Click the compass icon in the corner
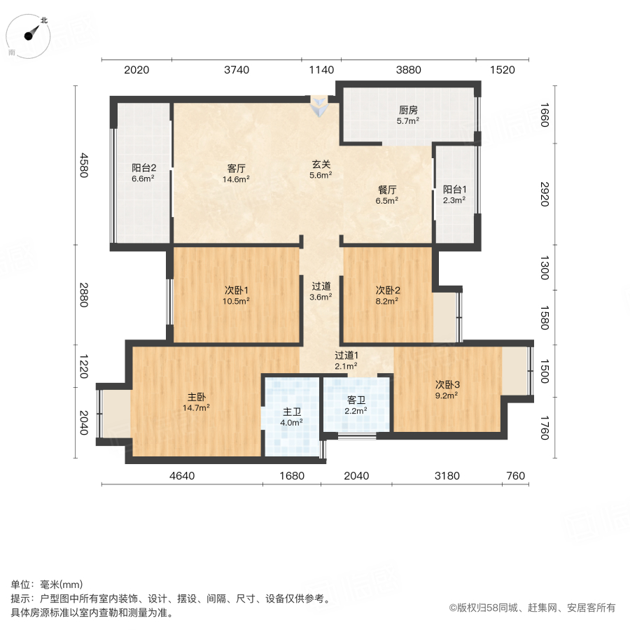pos(29,35)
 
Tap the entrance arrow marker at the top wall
pos(319,107)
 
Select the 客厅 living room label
pos(236,168)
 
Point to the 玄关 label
pos(321,164)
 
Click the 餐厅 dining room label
pos(387,189)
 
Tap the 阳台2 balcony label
pos(143,168)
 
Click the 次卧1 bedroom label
pos(237,290)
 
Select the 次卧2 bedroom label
pos(388,290)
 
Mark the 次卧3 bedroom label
pos(447,384)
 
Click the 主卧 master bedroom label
pos(197,396)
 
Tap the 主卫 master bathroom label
pos(292,412)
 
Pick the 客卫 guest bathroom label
pos(356,400)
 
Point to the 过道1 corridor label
pos(346,355)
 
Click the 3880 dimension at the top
pos(408,69)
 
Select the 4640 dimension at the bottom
pos(181,476)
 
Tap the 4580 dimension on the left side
pos(83,165)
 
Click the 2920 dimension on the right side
pos(544,193)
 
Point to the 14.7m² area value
pos(197,407)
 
